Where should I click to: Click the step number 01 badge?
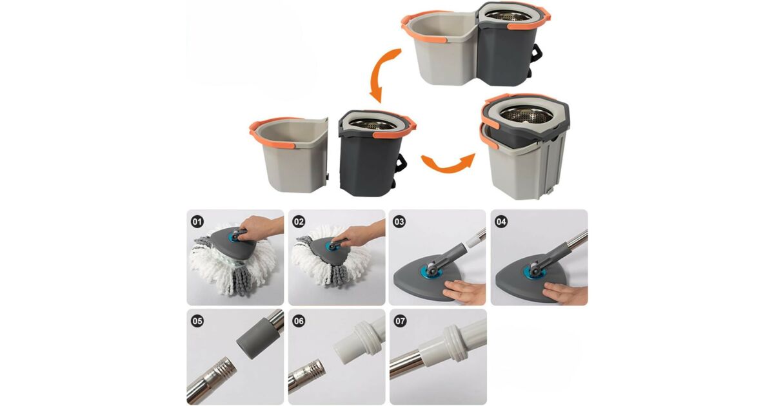[x=197, y=222]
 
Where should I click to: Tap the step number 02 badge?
[x=299, y=222]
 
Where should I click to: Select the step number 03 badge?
[x=399, y=222]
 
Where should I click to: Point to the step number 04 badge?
[x=501, y=222]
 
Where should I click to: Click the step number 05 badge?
[x=197, y=322]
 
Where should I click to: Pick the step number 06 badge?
[x=299, y=322]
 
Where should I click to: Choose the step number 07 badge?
[x=400, y=322]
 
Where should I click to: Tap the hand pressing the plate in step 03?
[x=465, y=291]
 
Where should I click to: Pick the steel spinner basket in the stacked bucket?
[x=526, y=115]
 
